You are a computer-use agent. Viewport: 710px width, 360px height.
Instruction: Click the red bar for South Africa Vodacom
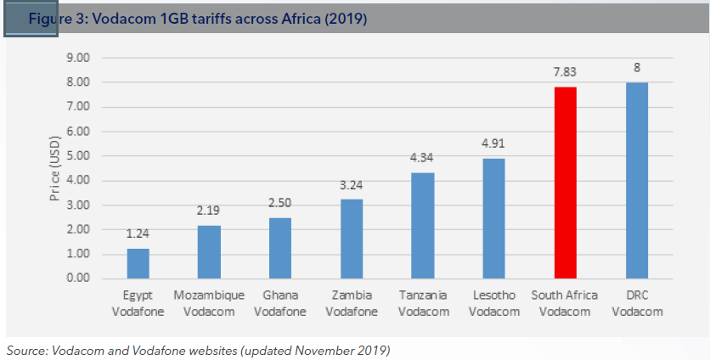click(565, 183)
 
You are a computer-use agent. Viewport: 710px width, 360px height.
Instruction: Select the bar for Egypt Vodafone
click(138, 263)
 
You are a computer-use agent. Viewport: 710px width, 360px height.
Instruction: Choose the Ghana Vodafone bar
click(279, 248)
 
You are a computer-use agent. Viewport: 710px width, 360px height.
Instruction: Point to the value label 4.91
click(493, 143)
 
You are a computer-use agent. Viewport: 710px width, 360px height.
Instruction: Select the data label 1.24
click(138, 234)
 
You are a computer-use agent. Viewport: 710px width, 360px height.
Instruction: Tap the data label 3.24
click(351, 185)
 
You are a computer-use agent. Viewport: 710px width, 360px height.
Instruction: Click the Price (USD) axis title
click(55, 168)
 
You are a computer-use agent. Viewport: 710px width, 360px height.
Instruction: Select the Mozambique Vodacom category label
click(209, 303)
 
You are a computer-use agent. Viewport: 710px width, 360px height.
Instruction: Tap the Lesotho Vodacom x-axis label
click(493, 303)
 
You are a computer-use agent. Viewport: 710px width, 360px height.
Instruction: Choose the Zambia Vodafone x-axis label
click(351, 303)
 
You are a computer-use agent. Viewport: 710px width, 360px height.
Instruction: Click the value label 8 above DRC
click(636, 67)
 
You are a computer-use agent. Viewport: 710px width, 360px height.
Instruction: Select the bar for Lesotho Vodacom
click(493, 218)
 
